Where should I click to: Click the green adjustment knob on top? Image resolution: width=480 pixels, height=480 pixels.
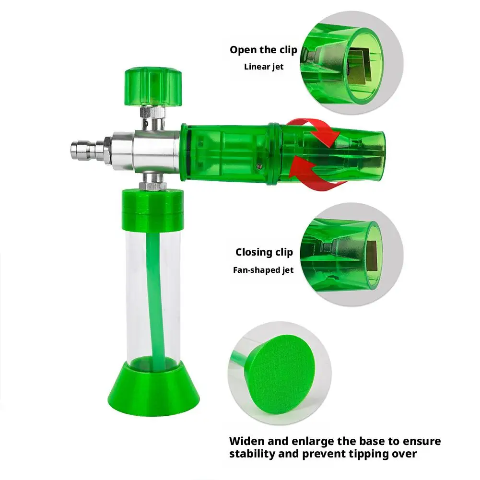pos(153,87)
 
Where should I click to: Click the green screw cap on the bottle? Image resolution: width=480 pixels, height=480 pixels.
pos(153,210)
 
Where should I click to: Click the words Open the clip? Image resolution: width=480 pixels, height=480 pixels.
pos(263,50)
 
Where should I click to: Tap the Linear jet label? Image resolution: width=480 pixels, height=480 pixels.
pos(264,67)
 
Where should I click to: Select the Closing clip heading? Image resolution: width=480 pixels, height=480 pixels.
pos(264,252)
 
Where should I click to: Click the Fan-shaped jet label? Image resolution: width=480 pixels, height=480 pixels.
pos(263,270)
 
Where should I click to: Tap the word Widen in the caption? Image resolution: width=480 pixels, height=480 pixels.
pos(246,441)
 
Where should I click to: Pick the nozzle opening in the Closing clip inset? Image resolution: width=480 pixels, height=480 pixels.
pos(372,256)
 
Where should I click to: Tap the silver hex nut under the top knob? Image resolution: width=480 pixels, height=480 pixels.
pos(153,112)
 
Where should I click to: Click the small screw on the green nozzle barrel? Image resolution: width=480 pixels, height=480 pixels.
pos(260,166)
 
